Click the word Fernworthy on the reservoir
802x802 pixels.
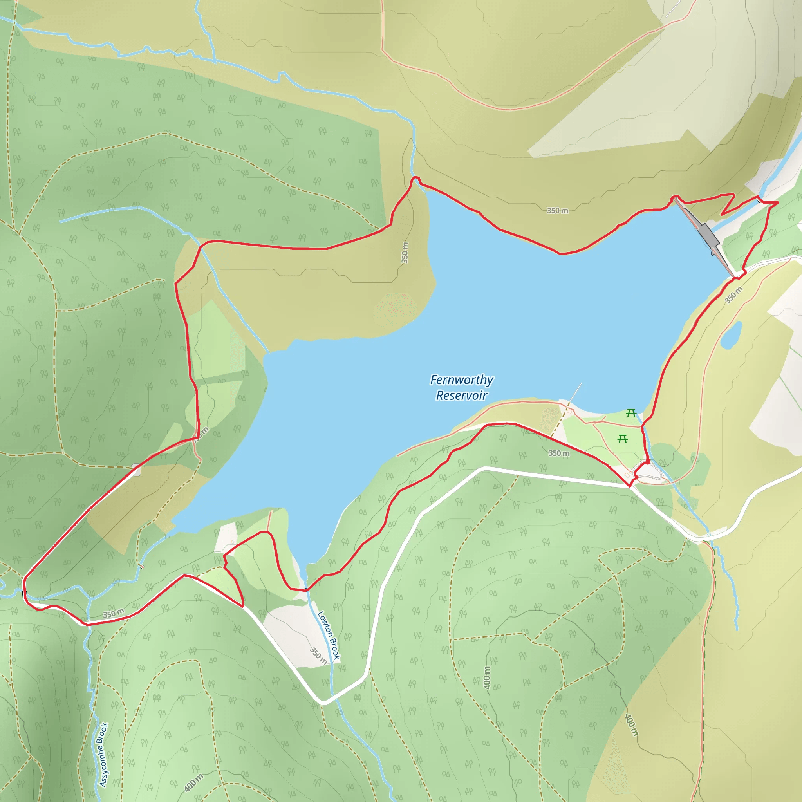[x=461, y=380]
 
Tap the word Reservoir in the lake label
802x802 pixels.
[x=461, y=395]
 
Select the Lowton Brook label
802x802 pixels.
[x=329, y=635]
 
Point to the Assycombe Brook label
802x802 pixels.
[x=103, y=755]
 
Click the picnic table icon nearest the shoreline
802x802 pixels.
[x=631, y=413]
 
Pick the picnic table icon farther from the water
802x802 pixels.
[x=622, y=438]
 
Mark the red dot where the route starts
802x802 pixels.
[x=648, y=462]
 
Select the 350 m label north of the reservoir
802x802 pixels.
[x=557, y=210]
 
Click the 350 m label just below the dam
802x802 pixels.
[x=733, y=295]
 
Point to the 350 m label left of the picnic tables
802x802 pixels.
[x=559, y=453]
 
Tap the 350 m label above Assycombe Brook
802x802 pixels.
[x=113, y=613]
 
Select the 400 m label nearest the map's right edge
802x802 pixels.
[x=631, y=725]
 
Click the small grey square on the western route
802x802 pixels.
[x=136, y=471]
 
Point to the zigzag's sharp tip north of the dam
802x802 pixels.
[x=722, y=214]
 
